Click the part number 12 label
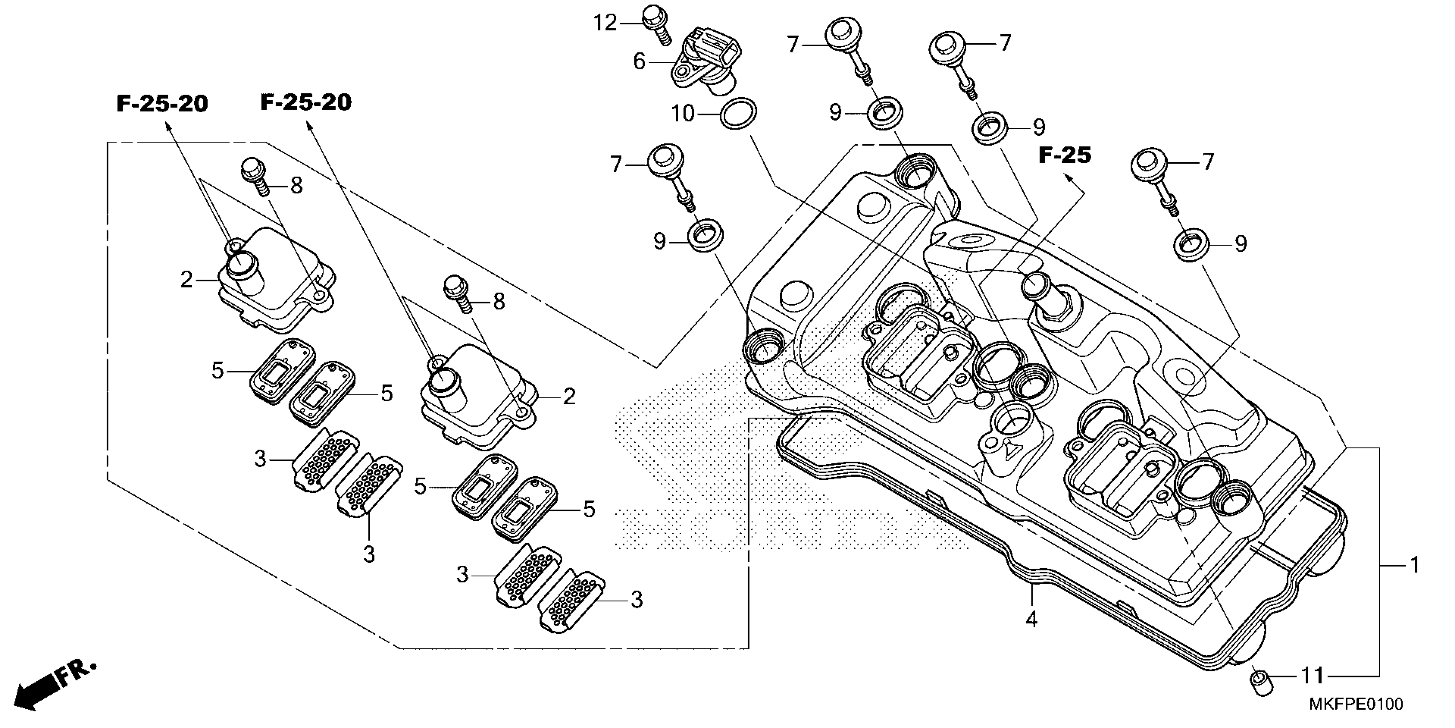605,24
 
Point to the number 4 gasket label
1031,620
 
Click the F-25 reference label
1065,155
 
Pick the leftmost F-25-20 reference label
162,104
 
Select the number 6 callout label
639,61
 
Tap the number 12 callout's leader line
632,23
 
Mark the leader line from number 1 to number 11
1379,622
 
